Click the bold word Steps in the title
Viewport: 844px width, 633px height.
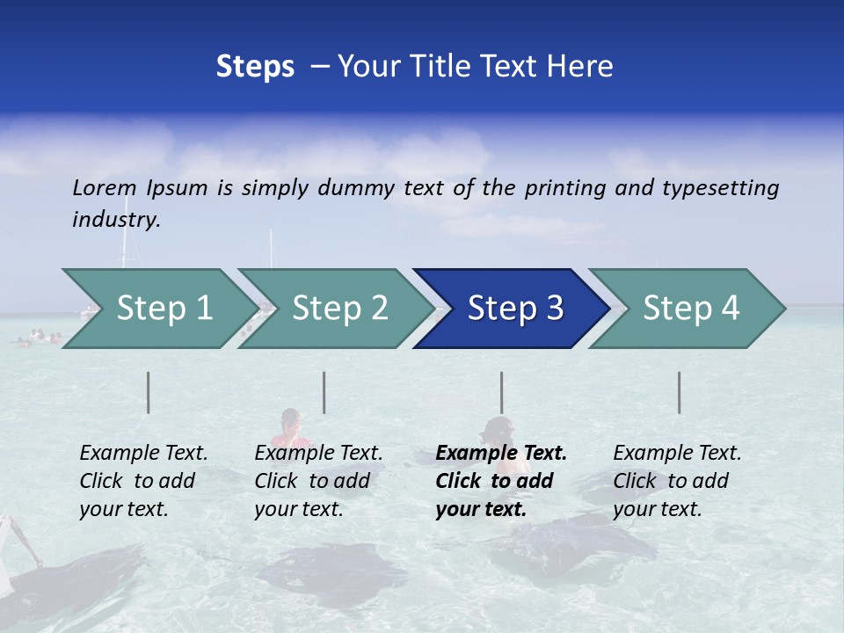(255, 67)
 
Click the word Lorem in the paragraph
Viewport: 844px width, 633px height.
(105, 187)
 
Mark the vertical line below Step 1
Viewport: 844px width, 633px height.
(149, 392)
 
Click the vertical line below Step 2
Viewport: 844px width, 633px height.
(324, 392)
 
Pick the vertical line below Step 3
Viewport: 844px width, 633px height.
(501, 392)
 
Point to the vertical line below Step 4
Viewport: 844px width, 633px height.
(679, 392)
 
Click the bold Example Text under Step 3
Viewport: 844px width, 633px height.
(501, 454)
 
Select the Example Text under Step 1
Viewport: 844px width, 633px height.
(143, 454)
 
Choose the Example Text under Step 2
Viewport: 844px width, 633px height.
(318, 454)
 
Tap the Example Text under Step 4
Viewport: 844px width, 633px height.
(677, 454)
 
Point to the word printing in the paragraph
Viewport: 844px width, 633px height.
(562, 187)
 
